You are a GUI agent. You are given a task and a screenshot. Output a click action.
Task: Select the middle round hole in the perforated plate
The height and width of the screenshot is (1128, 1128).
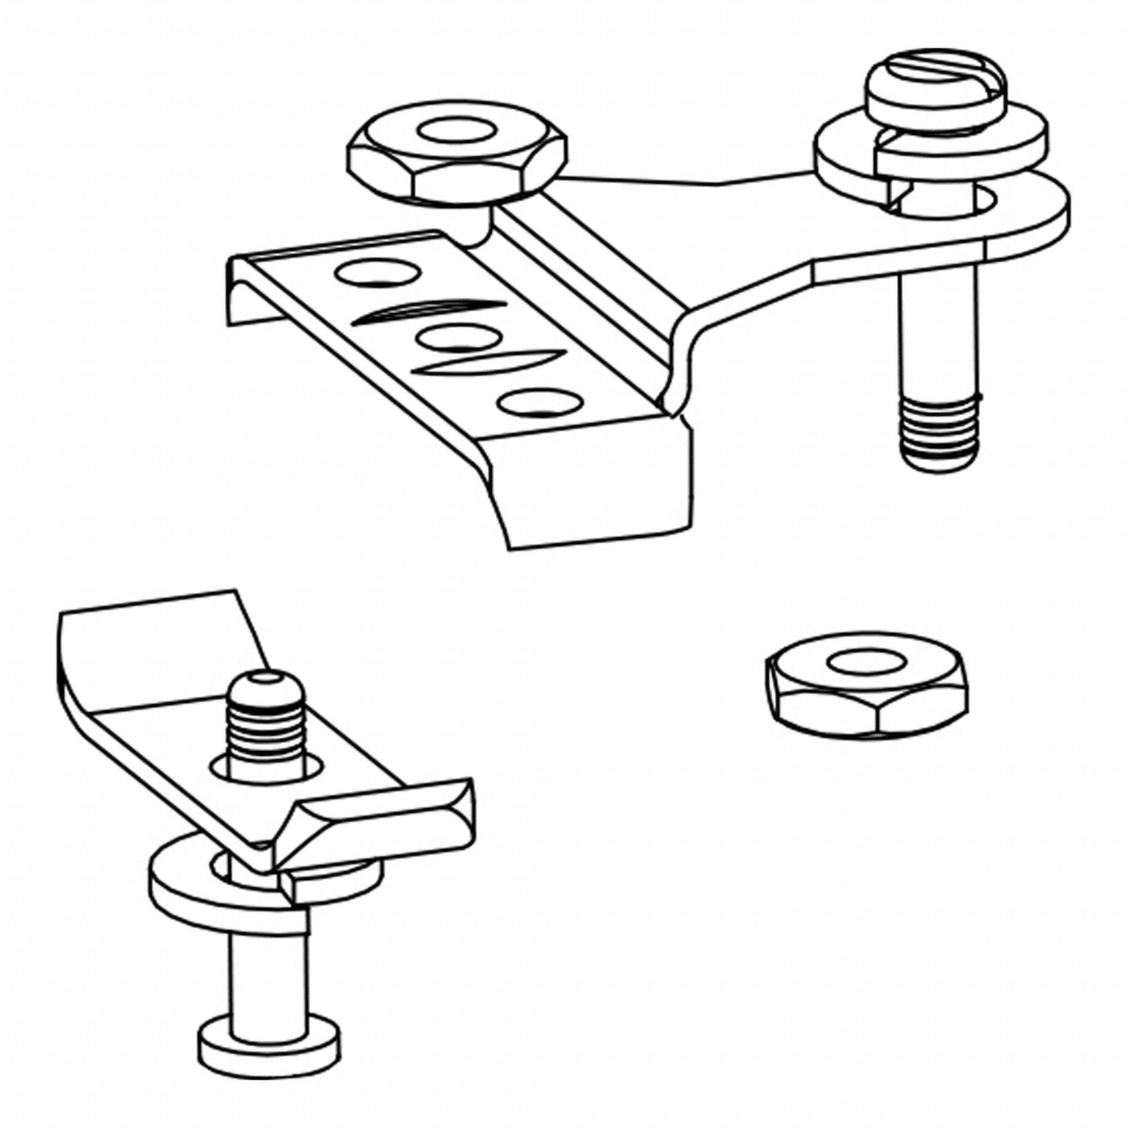tap(460, 338)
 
